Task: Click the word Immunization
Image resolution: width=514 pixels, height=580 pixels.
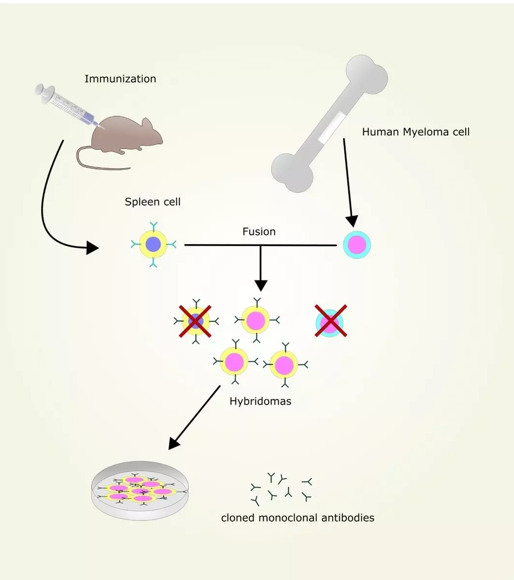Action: click(120, 79)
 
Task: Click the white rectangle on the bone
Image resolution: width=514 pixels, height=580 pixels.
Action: click(331, 127)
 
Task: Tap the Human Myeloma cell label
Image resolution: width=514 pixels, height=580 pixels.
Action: click(415, 132)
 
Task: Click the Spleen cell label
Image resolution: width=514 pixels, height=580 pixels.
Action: click(153, 202)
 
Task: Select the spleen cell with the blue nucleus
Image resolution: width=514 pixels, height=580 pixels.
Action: click(153, 245)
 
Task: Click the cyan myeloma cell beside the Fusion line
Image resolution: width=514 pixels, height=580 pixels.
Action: click(357, 245)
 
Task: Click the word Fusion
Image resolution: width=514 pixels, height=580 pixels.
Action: click(259, 232)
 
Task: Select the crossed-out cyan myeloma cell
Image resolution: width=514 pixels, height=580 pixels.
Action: click(330, 320)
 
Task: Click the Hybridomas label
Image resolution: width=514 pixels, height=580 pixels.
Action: click(260, 401)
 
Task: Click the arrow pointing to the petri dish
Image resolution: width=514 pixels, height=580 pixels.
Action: click(193, 418)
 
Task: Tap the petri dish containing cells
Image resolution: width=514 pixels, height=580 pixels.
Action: click(140, 491)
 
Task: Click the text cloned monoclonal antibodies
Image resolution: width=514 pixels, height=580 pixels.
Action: click(298, 518)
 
